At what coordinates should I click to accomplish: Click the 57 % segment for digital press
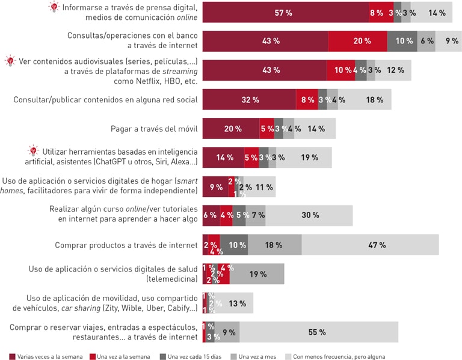point(285,13)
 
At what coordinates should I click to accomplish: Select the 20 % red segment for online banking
point(357,41)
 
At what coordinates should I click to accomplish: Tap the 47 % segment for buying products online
point(370,245)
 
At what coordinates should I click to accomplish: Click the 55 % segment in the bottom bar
point(318,332)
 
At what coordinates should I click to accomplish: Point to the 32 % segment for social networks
point(249,100)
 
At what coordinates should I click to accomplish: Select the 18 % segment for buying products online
point(274,245)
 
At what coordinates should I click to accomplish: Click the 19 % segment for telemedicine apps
point(257,274)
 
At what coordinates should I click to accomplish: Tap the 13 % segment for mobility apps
point(238,303)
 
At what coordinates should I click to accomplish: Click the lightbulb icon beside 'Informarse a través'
point(54,7)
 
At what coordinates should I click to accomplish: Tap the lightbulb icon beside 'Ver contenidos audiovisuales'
point(10,61)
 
